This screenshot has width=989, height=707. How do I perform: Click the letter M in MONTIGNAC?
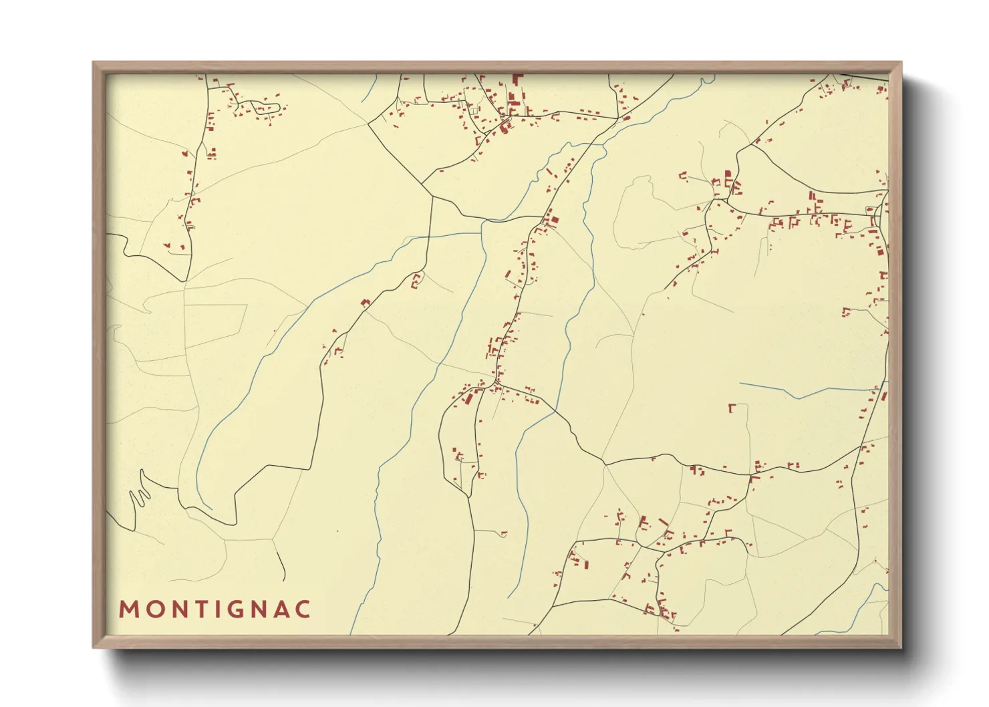pos(128,609)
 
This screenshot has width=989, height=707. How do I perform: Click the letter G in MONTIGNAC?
pos(234,609)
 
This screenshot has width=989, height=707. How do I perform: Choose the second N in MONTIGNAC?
pos(257,609)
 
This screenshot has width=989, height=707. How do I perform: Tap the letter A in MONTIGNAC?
pos(281,609)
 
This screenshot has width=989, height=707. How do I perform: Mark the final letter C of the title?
pos(303,609)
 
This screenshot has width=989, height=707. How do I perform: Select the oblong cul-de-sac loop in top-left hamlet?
pos(265,107)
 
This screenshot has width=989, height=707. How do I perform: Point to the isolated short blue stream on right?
pos(802,391)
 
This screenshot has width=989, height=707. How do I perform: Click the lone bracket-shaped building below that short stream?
pos(732,408)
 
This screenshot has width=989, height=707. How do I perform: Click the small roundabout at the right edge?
pos(876,213)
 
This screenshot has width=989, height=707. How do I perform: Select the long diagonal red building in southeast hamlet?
pos(663,521)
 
